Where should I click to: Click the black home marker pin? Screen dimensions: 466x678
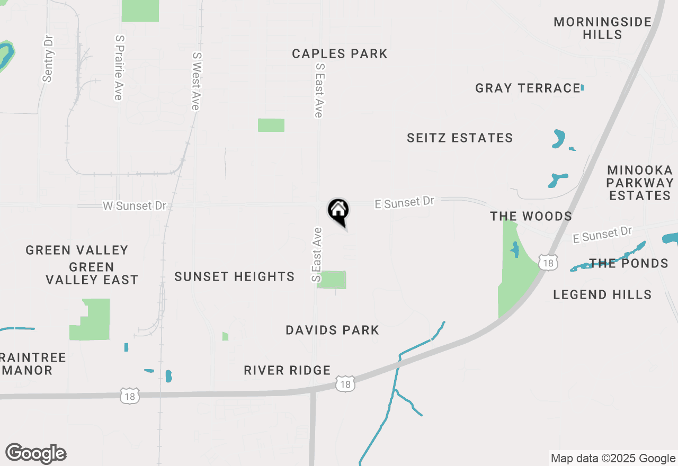pyautogui.click(x=338, y=211)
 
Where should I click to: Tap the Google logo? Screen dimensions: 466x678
pyautogui.click(x=36, y=453)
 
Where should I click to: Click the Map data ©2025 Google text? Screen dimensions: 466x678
pyautogui.click(x=613, y=458)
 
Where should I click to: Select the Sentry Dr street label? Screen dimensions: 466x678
pyautogui.click(x=48, y=59)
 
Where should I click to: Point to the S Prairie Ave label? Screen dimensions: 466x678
pyautogui.click(x=119, y=67)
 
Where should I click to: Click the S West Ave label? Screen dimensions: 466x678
pyautogui.click(x=196, y=81)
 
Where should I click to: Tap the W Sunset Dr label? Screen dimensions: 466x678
pyautogui.click(x=135, y=205)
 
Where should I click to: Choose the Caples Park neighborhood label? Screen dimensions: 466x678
pyautogui.click(x=340, y=53)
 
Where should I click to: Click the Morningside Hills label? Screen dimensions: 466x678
pyautogui.click(x=603, y=29)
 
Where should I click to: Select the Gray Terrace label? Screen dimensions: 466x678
pyautogui.click(x=528, y=88)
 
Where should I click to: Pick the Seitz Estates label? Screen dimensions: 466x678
pyautogui.click(x=460, y=138)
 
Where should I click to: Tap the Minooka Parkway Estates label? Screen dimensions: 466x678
pyautogui.click(x=640, y=183)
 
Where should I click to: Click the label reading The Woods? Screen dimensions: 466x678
pyautogui.click(x=531, y=216)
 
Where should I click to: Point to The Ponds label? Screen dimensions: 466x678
pyautogui.click(x=629, y=263)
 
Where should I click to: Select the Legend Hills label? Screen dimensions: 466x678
pyautogui.click(x=602, y=294)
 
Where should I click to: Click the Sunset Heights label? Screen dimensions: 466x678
pyautogui.click(x=234, y=276)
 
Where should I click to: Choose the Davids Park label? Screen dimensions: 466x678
pyautogui.click(x=332, y=330)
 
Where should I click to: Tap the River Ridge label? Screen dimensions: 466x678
pyautogui.click(x=287, y=370)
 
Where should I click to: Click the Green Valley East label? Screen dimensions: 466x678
pyautogui.click(x=92, y=273)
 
